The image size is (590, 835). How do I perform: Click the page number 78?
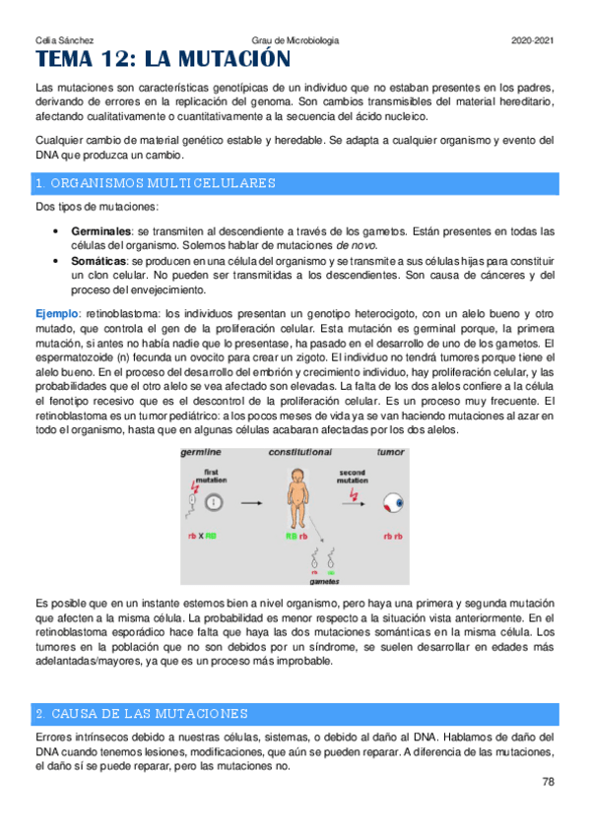pos(549,782)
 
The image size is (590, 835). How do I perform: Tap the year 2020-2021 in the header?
pos(533,39)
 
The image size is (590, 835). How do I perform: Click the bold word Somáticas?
pos(98,259)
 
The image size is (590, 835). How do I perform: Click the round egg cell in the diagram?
pos(215,502)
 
